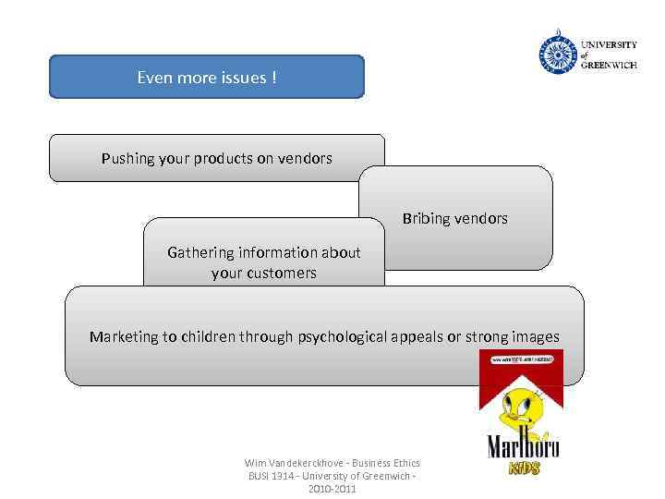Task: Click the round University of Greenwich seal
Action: (557, 55)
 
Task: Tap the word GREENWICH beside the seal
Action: (609, 66)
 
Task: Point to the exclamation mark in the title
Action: (273, 77)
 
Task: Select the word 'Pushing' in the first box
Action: (127, 158)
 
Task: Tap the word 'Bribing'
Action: (426, 219)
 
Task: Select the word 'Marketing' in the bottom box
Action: (124, 336)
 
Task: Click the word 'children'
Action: (209, 336)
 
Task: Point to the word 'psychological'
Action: (341, 336)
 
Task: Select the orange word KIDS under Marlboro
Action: (526, 468)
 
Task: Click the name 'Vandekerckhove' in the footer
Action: (305, 463)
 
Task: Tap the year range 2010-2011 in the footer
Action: (332, 489)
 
